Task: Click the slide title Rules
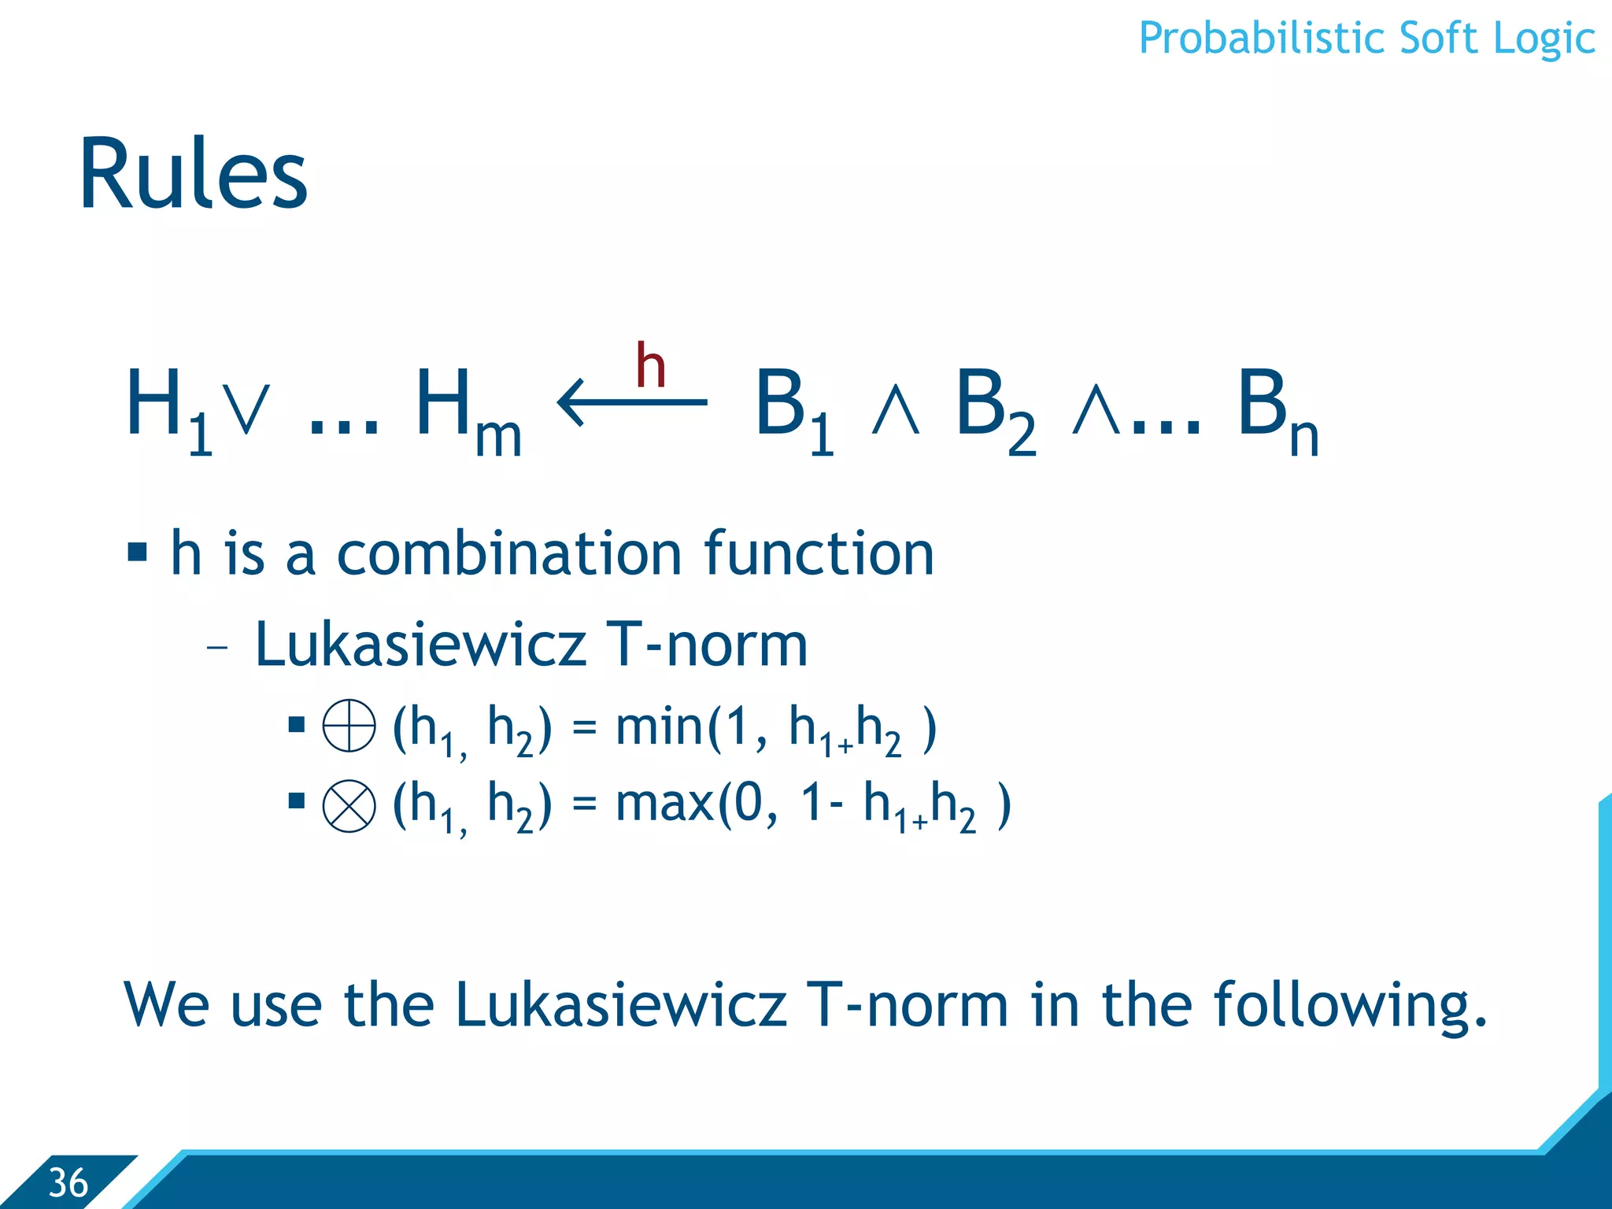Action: click(193, 175)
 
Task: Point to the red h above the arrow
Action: click(651, 366)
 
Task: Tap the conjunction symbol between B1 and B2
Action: click(896, 411)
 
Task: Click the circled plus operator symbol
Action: click(349, 725)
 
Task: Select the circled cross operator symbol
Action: click(349, 806)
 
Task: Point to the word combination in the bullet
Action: click(508, 553)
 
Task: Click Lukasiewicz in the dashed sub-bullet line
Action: click(420, 644)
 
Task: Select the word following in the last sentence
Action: click(1349, 1005)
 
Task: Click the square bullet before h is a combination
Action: click(137, 552)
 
